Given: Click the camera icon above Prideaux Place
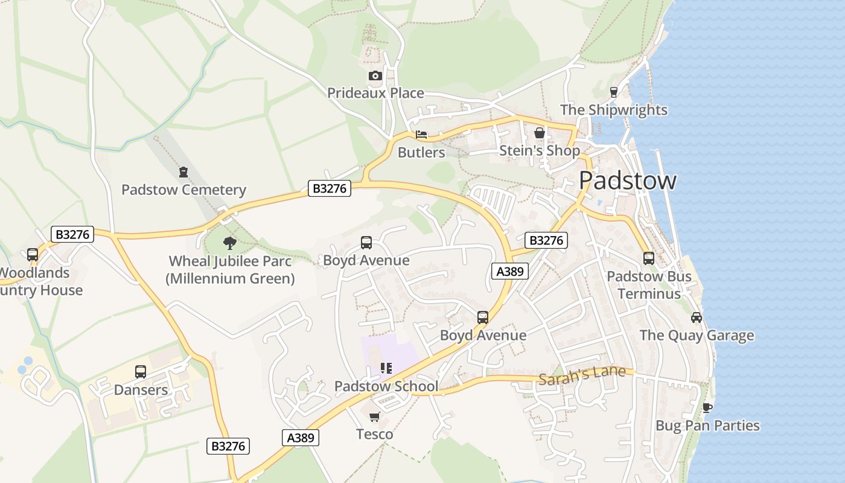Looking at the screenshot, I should (375, 75).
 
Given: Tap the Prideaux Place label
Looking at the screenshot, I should (375, 93).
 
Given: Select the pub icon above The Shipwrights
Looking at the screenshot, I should (614, 92).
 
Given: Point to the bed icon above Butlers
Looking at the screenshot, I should (421, 135).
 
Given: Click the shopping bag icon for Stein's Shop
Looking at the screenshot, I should (539, 132).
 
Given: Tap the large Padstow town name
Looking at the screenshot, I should (627, 181).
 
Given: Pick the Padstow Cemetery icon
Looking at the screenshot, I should (183, 172).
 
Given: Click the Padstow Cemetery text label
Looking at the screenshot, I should (183, 190).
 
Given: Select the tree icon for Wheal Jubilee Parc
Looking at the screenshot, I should (229, 243).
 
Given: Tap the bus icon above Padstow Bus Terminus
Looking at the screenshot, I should (649, 258).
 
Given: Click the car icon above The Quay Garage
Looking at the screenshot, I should (697, 318).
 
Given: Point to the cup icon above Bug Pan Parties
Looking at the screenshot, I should (707, 408).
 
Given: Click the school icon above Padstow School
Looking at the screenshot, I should (386, 368).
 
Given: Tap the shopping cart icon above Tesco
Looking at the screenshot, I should (374, 417).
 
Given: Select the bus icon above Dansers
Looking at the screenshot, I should (141, 372).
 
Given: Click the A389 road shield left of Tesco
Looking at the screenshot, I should (300, 438).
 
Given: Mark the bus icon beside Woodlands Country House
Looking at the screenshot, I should (33, 255).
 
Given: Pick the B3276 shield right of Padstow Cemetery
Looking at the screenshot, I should (330, 188).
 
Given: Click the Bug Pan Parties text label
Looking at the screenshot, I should (707, 426).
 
